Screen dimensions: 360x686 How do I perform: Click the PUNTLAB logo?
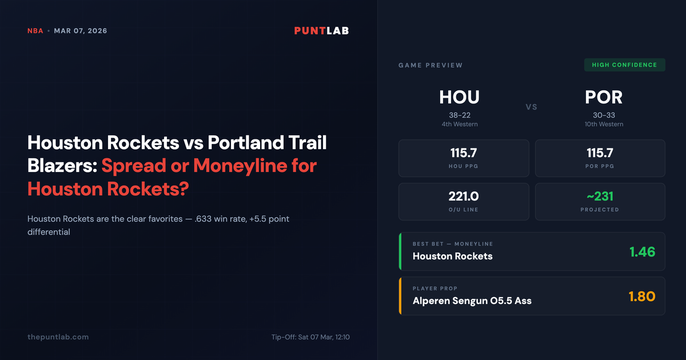321,31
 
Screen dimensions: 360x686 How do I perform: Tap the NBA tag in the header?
35,31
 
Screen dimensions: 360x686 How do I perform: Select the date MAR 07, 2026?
81,31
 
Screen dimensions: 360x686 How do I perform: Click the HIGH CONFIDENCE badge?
624,65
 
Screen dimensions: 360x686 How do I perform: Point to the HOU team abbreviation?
459,97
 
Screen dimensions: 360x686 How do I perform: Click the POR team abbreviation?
604,97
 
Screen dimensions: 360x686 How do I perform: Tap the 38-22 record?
459,115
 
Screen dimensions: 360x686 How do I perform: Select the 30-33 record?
604,115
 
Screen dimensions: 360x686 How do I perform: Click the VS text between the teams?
532,107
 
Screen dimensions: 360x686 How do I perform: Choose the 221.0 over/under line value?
464,197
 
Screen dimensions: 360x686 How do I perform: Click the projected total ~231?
600,197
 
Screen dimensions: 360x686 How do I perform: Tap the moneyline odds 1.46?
642,251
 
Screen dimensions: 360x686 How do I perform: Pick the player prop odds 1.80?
642,297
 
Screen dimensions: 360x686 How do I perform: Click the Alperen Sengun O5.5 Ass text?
472,301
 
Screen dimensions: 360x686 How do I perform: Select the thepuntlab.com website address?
58,337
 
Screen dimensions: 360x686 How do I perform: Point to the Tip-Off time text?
310,337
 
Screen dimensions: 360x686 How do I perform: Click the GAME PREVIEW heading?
430,66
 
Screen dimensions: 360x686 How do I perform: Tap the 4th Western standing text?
459,124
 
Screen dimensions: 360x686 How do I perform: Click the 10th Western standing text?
604,124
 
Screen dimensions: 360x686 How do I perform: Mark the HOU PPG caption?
464,166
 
